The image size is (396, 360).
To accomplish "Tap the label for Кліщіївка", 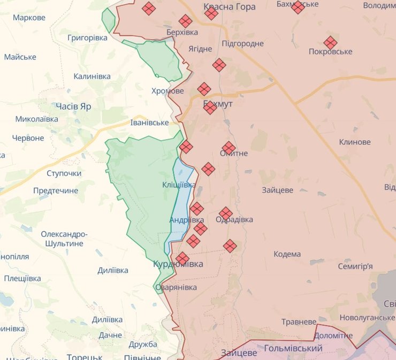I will click(x=179, y=185).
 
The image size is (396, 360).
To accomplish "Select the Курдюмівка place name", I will click(x=178, y=264).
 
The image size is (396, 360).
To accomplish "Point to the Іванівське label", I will click(x=150, y=122).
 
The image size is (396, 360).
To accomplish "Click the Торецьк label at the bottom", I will click(x=85, y=357).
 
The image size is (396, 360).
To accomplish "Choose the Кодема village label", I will click(x=287, y=254).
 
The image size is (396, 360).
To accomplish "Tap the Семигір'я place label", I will click(x=355, y=266).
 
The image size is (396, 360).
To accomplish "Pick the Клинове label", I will click(x=354, y=142).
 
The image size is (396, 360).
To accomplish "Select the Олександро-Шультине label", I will click(x=64, y=239).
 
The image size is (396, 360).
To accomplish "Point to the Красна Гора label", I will click(x=230, y=7).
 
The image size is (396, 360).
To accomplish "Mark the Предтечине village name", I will click(x=56, y=190).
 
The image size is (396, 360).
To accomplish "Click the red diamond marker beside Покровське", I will click(x=330, y=43).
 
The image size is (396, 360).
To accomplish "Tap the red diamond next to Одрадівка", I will click(x=226, y=213).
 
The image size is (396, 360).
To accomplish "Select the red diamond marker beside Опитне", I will click(x=229, y=148).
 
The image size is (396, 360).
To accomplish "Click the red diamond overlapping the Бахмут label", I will click(x=210, y=108).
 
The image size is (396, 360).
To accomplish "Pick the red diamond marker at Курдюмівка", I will click(x=182, y=258).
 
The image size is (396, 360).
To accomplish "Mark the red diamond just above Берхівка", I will click(x=186, y=21).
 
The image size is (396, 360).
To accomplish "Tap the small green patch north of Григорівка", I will click(x=109, y=20).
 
